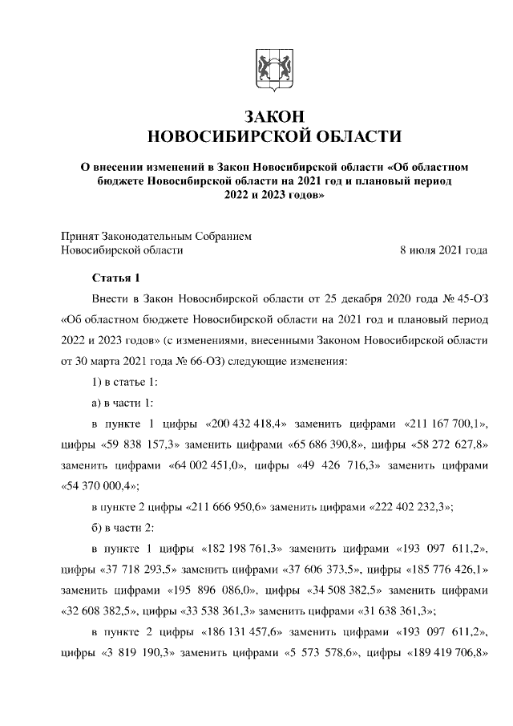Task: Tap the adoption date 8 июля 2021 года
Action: point(443,250)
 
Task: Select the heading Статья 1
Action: point(116,278)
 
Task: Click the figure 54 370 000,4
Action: point(101,485)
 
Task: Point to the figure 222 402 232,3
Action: point(411,506)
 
